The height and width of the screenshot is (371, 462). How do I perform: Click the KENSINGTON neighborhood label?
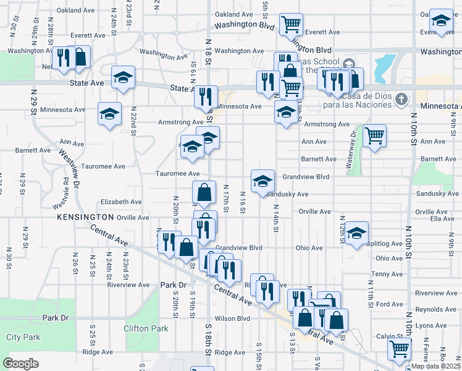point(86,218)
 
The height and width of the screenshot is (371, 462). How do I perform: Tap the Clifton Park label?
point(145,328)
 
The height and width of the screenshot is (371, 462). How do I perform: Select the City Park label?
point(23,337)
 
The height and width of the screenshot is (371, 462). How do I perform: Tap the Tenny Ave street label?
point(388,274)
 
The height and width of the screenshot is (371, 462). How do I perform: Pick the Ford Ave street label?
point(390,304)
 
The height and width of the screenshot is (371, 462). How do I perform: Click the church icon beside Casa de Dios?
point(401,99)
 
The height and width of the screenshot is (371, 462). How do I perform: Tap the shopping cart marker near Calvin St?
point(399,349)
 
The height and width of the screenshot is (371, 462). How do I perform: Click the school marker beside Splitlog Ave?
point(356,232)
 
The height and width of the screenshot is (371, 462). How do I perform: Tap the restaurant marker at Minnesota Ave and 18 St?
point(206,96)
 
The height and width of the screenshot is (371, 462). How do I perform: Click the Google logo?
point(20,364)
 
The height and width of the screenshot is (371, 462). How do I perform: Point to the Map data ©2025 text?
point(435,366)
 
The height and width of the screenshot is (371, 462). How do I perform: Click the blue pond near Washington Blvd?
point(385,64)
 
